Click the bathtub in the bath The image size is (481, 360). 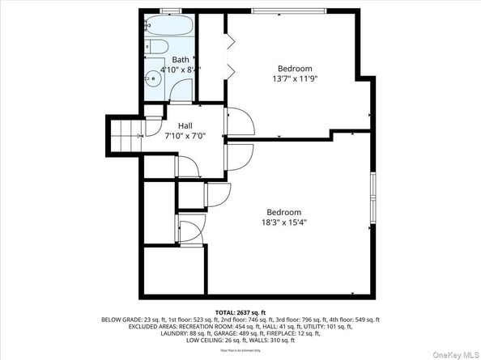[168, 28]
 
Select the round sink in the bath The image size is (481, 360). [151, 80]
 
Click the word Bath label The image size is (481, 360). [180, 60]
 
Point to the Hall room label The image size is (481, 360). [185, 125]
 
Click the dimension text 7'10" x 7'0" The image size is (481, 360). [185, 136]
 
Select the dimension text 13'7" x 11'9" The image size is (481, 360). [295, 79]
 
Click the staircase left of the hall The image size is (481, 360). [126, 133]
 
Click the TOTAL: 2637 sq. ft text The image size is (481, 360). [240, 311]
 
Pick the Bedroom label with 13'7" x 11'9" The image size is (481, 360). [295, 69]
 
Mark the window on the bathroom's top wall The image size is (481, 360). [170, 11]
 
